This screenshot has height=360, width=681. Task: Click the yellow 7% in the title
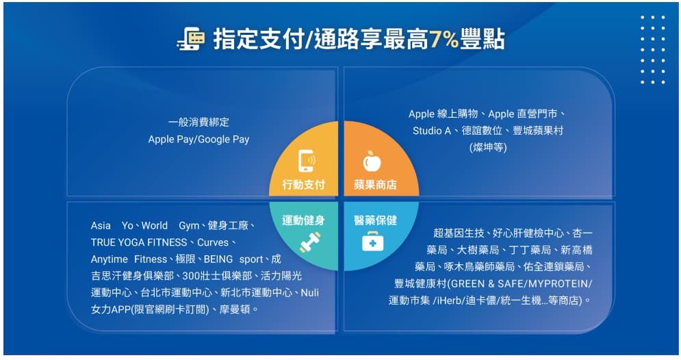(x=444, y=39)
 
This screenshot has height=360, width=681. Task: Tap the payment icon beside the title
(x=190, y=39)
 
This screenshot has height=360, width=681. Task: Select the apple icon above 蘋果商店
(x=373, y=162)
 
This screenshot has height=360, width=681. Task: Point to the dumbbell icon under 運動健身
(x=309, y=242)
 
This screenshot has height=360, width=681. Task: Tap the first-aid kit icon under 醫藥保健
(x=373, y=242)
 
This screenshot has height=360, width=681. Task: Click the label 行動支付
(x=303, y=185)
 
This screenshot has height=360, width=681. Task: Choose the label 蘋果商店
(x=375, y=185)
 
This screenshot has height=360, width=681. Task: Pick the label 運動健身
(x=303, y=220)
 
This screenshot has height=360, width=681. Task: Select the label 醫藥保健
(x=375, y=220)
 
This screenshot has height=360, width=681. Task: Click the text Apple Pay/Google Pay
(x=198, y=140)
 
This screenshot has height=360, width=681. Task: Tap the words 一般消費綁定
(x=198, y=123)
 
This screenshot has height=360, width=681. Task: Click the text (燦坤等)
(x=488, y=147)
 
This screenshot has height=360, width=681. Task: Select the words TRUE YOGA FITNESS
(x=139, y=242)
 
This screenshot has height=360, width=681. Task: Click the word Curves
(x=214, y=242)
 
